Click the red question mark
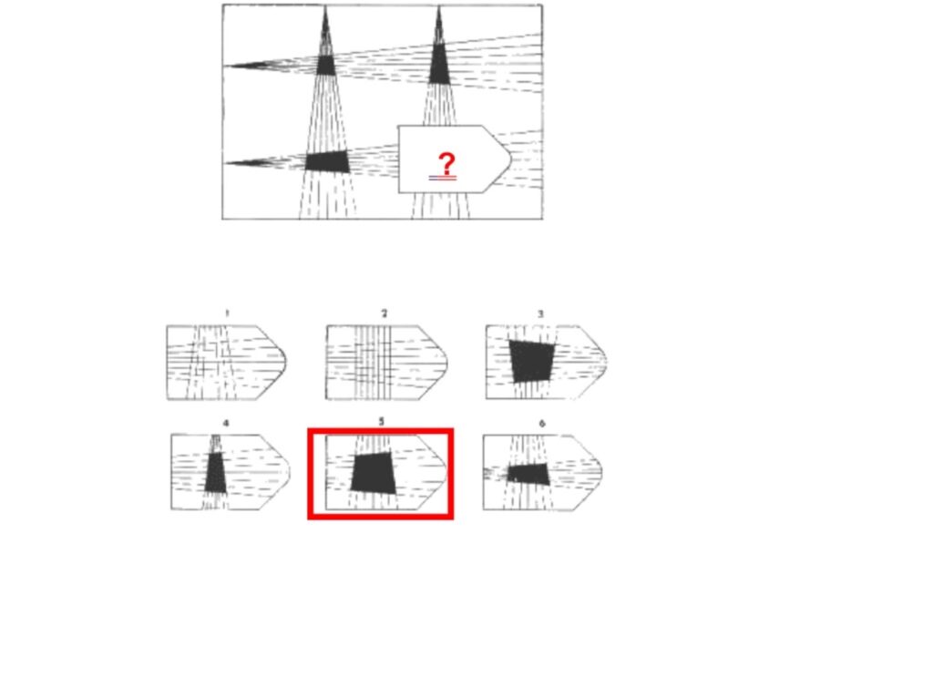(446, 163)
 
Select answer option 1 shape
(226, 363)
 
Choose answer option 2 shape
(386, 363)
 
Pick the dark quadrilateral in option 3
(532, 361)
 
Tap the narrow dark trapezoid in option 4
(215, 472)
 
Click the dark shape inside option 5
(373, 473)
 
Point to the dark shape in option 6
(528, 474)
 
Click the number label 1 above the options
(227, 313)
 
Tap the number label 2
(384, 313)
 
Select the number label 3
(541, 313)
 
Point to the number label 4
(226, 423)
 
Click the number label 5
(382, 422)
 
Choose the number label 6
(541, 424)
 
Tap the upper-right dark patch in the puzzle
(439, 63)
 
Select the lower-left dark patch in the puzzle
(327, 161)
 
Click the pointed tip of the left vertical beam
(325, 6)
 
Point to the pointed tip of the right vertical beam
(438, 6)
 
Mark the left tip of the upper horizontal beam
(224, 66)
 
